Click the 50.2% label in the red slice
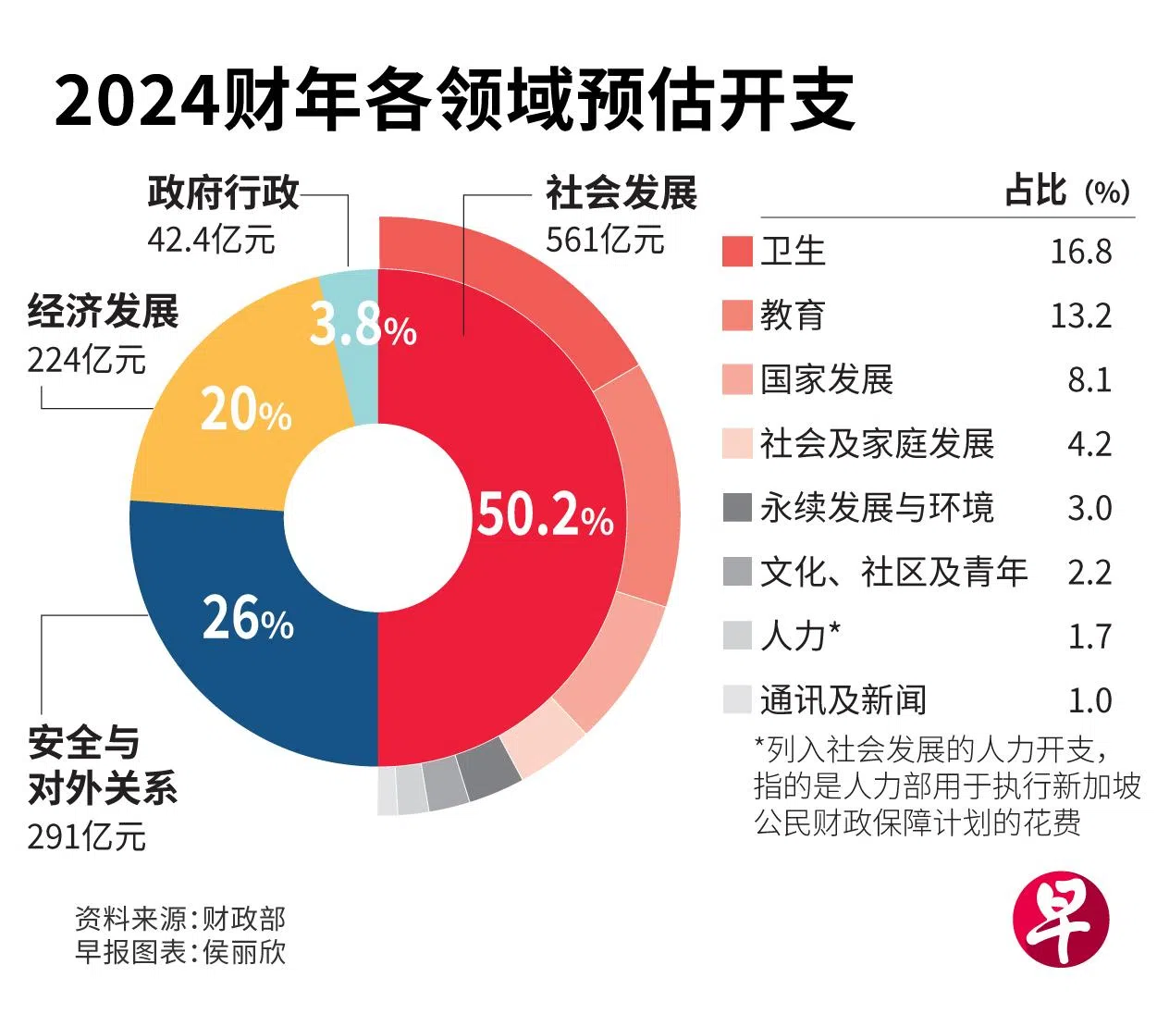coord(544,514)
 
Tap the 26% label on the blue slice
coord(247,618)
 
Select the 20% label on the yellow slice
coord(245,410)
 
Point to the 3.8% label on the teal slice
coord(362,325)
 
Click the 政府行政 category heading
coord(223,192)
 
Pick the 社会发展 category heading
coord(621,192)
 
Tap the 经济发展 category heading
coord(103,311)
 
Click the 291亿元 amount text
coord(86,836)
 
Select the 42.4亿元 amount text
coord(211,240)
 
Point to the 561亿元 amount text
coord(605,240)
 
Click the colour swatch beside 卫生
coord(737,252)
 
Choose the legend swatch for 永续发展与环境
coord(737,508)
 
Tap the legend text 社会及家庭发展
coord(876,444)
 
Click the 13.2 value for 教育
coord(1080,316)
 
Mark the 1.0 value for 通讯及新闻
coord(1089,700)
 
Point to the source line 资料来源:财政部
coord(180,918)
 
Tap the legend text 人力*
coord(800,637)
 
